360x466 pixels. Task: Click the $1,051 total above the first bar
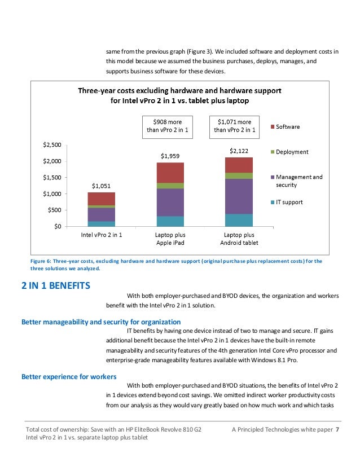tap(101, 186)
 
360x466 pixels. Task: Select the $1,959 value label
tap(170, 156)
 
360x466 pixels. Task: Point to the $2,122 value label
tap(239, 151)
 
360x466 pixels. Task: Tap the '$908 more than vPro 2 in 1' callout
tap(168, 127)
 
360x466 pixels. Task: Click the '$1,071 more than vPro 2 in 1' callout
tap(234, 127)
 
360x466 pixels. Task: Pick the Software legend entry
tap(285, 126)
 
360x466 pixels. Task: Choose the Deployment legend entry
tap(289, 152)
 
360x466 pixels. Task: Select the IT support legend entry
tap(287, 202)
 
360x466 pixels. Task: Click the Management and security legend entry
tap(296, 181)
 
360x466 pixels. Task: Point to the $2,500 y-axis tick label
tap(52, 145)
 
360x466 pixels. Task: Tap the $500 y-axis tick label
tap(54, 210)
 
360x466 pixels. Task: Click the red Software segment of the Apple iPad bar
tap(170, 173)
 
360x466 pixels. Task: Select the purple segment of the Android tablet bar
tap(239, 196)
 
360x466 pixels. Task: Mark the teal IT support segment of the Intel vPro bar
tap(102, 224)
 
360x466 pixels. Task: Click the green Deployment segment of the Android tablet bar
tap(239, 176)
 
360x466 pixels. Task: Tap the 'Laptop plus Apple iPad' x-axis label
tap(170, 239)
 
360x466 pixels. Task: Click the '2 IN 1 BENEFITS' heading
tap(56, 285)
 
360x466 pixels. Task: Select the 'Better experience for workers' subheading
tap(69, 376)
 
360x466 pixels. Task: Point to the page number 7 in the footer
tap(337, 429)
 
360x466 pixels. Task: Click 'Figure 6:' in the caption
tap(41, 261)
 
